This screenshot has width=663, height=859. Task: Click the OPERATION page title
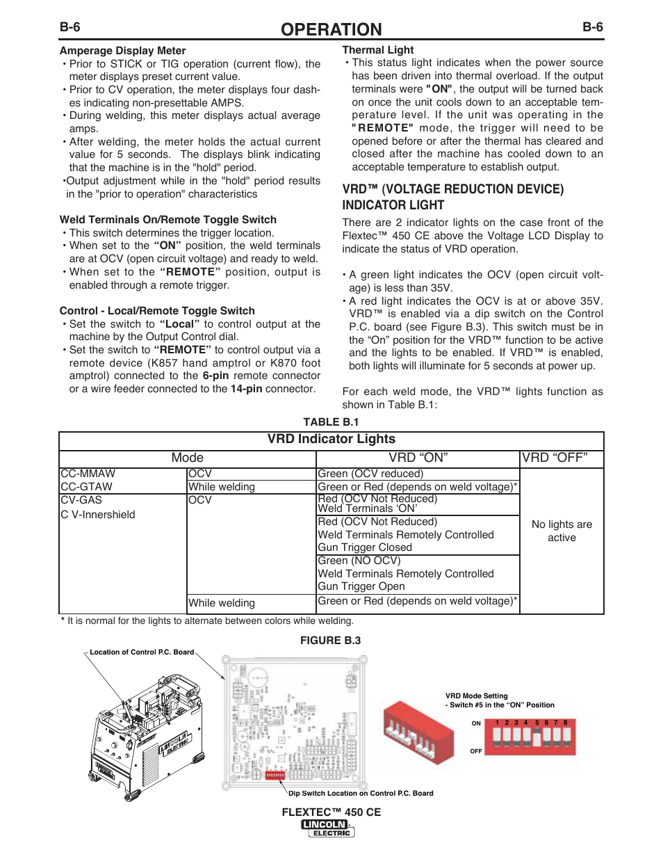point(331,29)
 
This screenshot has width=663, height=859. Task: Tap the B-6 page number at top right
point(592,27)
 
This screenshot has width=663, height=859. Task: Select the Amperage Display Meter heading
point(122,51)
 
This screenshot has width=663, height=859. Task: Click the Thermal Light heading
point(377,50)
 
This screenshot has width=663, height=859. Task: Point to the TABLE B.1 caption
point(331,422)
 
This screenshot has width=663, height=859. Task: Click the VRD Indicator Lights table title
point(331,439)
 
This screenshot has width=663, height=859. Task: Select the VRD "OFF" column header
point(555,458)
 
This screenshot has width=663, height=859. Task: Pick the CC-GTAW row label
point(86,487)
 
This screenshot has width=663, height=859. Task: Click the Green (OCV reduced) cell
point(370,474)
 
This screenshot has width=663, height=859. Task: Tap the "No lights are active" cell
point(562,531)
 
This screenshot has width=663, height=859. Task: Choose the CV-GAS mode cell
point(81,500)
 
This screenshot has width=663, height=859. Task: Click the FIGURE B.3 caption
point(330,641)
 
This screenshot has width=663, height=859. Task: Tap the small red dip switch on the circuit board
point(275,774)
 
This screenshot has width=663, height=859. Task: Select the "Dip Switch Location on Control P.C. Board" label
point(361,793)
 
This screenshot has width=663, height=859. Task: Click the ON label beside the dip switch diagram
point(476,723)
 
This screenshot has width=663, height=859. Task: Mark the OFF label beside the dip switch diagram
point(476,751)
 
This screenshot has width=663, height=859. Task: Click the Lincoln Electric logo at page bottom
point(328,828)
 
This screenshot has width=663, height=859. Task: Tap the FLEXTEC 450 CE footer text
point(331,812)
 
